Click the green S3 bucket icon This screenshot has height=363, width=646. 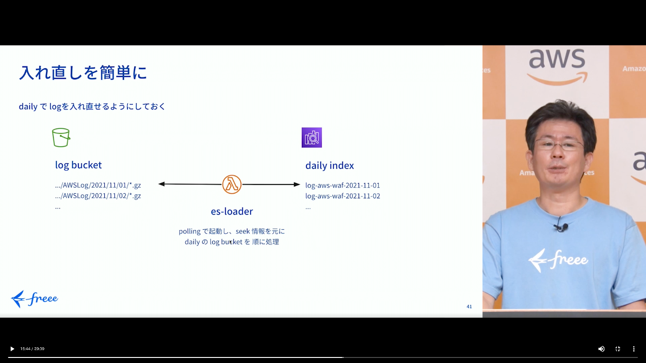(61, 137)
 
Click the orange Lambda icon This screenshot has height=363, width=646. (232, 184)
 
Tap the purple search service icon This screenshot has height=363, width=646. (311, 137)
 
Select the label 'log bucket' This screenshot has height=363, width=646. (78, 165)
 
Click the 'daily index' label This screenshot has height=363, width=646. (329, 166)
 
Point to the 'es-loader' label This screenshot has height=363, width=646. (232, 211)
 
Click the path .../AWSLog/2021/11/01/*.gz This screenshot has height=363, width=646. (98, 185)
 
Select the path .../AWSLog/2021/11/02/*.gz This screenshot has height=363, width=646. (98, 196)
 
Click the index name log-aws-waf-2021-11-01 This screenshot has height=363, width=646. (342, 185)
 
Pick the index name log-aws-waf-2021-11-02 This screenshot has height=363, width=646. (342, 196)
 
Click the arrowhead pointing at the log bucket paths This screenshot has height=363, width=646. (161, 184)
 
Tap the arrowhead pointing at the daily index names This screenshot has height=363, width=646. (297, 184)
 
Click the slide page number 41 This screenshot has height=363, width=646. (469, 306)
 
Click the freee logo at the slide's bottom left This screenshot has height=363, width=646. (34, 299)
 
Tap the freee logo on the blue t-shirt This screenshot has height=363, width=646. (558, 260)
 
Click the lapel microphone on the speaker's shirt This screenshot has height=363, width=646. (561, 227)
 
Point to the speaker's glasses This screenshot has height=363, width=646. (559, 145)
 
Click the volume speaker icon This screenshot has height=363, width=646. (601, 349)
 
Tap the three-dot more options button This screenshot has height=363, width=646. (634, 349)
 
